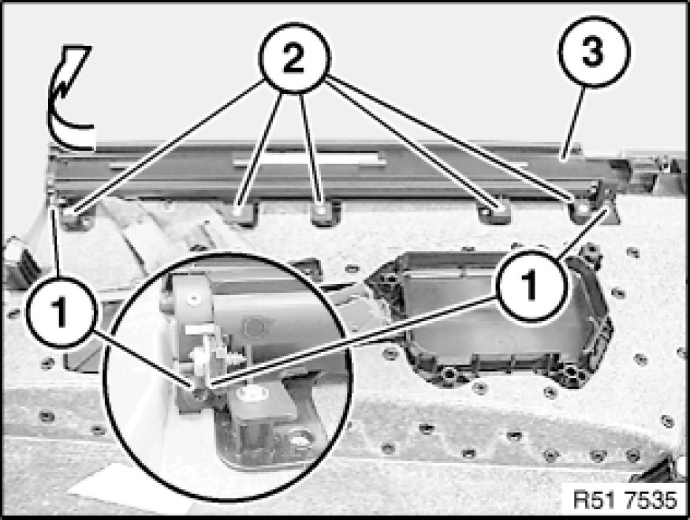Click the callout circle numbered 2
(294, 58)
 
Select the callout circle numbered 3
(594, 51)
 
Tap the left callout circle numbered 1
(60, 312)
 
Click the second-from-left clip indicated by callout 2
(240, 213)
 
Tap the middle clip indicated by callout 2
(323, 213)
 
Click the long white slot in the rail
(306, 159)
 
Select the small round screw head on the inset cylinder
(192, 299)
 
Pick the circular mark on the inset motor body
(254, 327)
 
